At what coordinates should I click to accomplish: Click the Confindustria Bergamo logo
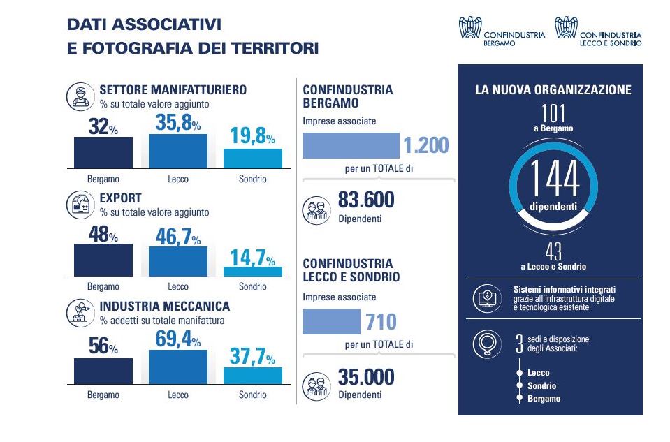502,32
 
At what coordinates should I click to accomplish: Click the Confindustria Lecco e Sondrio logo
598,32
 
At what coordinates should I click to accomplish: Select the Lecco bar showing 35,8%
178,150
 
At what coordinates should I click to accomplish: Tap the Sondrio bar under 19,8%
252,158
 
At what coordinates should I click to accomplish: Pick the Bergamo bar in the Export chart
103,260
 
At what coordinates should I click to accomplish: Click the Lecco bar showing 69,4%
178,367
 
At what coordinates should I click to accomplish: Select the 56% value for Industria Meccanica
103,346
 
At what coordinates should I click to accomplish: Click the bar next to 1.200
351,145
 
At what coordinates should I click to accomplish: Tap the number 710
381,322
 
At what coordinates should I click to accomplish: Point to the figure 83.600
366,200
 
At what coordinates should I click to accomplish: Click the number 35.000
366,378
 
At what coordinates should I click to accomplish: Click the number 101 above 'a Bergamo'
553,113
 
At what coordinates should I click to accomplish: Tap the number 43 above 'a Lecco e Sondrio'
553,251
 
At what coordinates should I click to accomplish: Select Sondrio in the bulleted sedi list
542,385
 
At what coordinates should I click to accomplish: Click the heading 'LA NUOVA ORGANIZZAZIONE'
553,90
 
